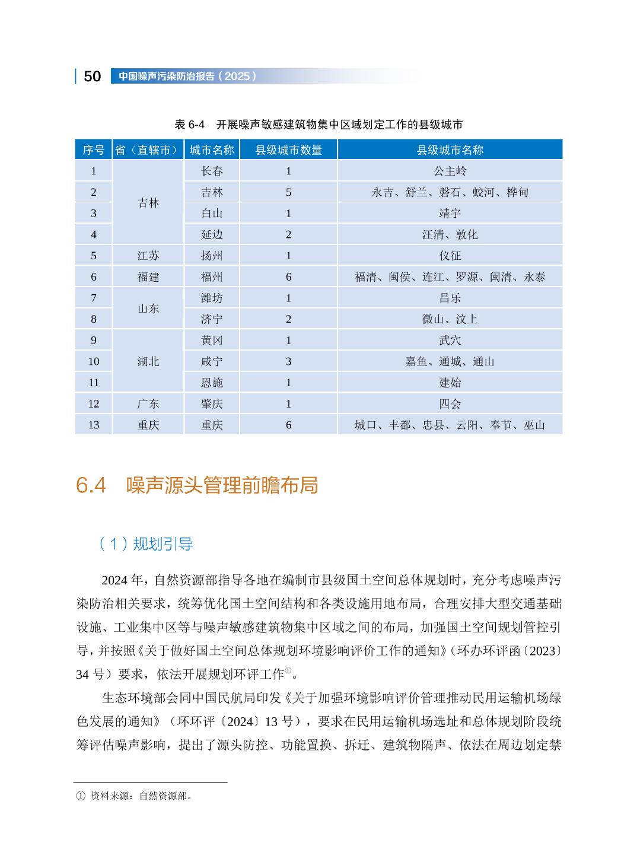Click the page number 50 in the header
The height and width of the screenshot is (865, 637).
[93, 77]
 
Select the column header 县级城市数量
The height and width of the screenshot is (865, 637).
[288, 150]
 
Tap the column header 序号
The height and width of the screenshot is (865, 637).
[93, 150]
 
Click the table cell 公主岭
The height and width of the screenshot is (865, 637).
[450, 171]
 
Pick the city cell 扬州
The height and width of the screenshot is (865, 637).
[212, 256]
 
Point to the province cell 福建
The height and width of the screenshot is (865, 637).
[148, 277]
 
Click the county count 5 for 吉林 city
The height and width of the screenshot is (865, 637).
[288, 192]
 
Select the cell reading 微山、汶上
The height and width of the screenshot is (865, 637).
[450, 319]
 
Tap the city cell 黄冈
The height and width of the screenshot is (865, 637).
[212, 341]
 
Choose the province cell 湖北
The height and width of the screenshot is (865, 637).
[148, 361]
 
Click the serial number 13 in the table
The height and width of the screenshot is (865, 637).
[93, 425]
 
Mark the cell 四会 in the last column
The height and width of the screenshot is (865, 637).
[450, 404]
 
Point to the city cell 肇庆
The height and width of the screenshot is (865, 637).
[212, 404]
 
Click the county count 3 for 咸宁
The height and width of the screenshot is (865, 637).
[288, 361]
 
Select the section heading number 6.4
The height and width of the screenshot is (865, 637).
[91, 485]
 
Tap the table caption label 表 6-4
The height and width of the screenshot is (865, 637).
[189, 125]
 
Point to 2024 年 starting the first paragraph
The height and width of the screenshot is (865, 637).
[123, 579]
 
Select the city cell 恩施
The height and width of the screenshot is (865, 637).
[212, 383]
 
